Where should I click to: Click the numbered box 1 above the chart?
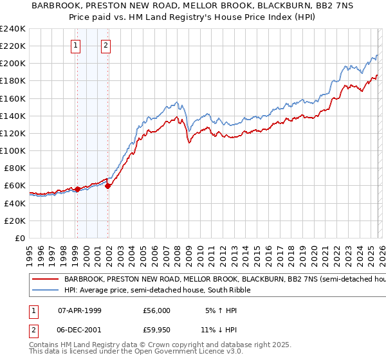coord(77,45)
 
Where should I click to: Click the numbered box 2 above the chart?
coord(106,45)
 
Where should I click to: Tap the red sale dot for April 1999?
coord(77,189)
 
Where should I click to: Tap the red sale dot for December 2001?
coord(108,186)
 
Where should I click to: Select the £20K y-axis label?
coord(15,221)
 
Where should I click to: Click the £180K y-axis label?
coord(12,81)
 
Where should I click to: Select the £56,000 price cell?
coord(156,310)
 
